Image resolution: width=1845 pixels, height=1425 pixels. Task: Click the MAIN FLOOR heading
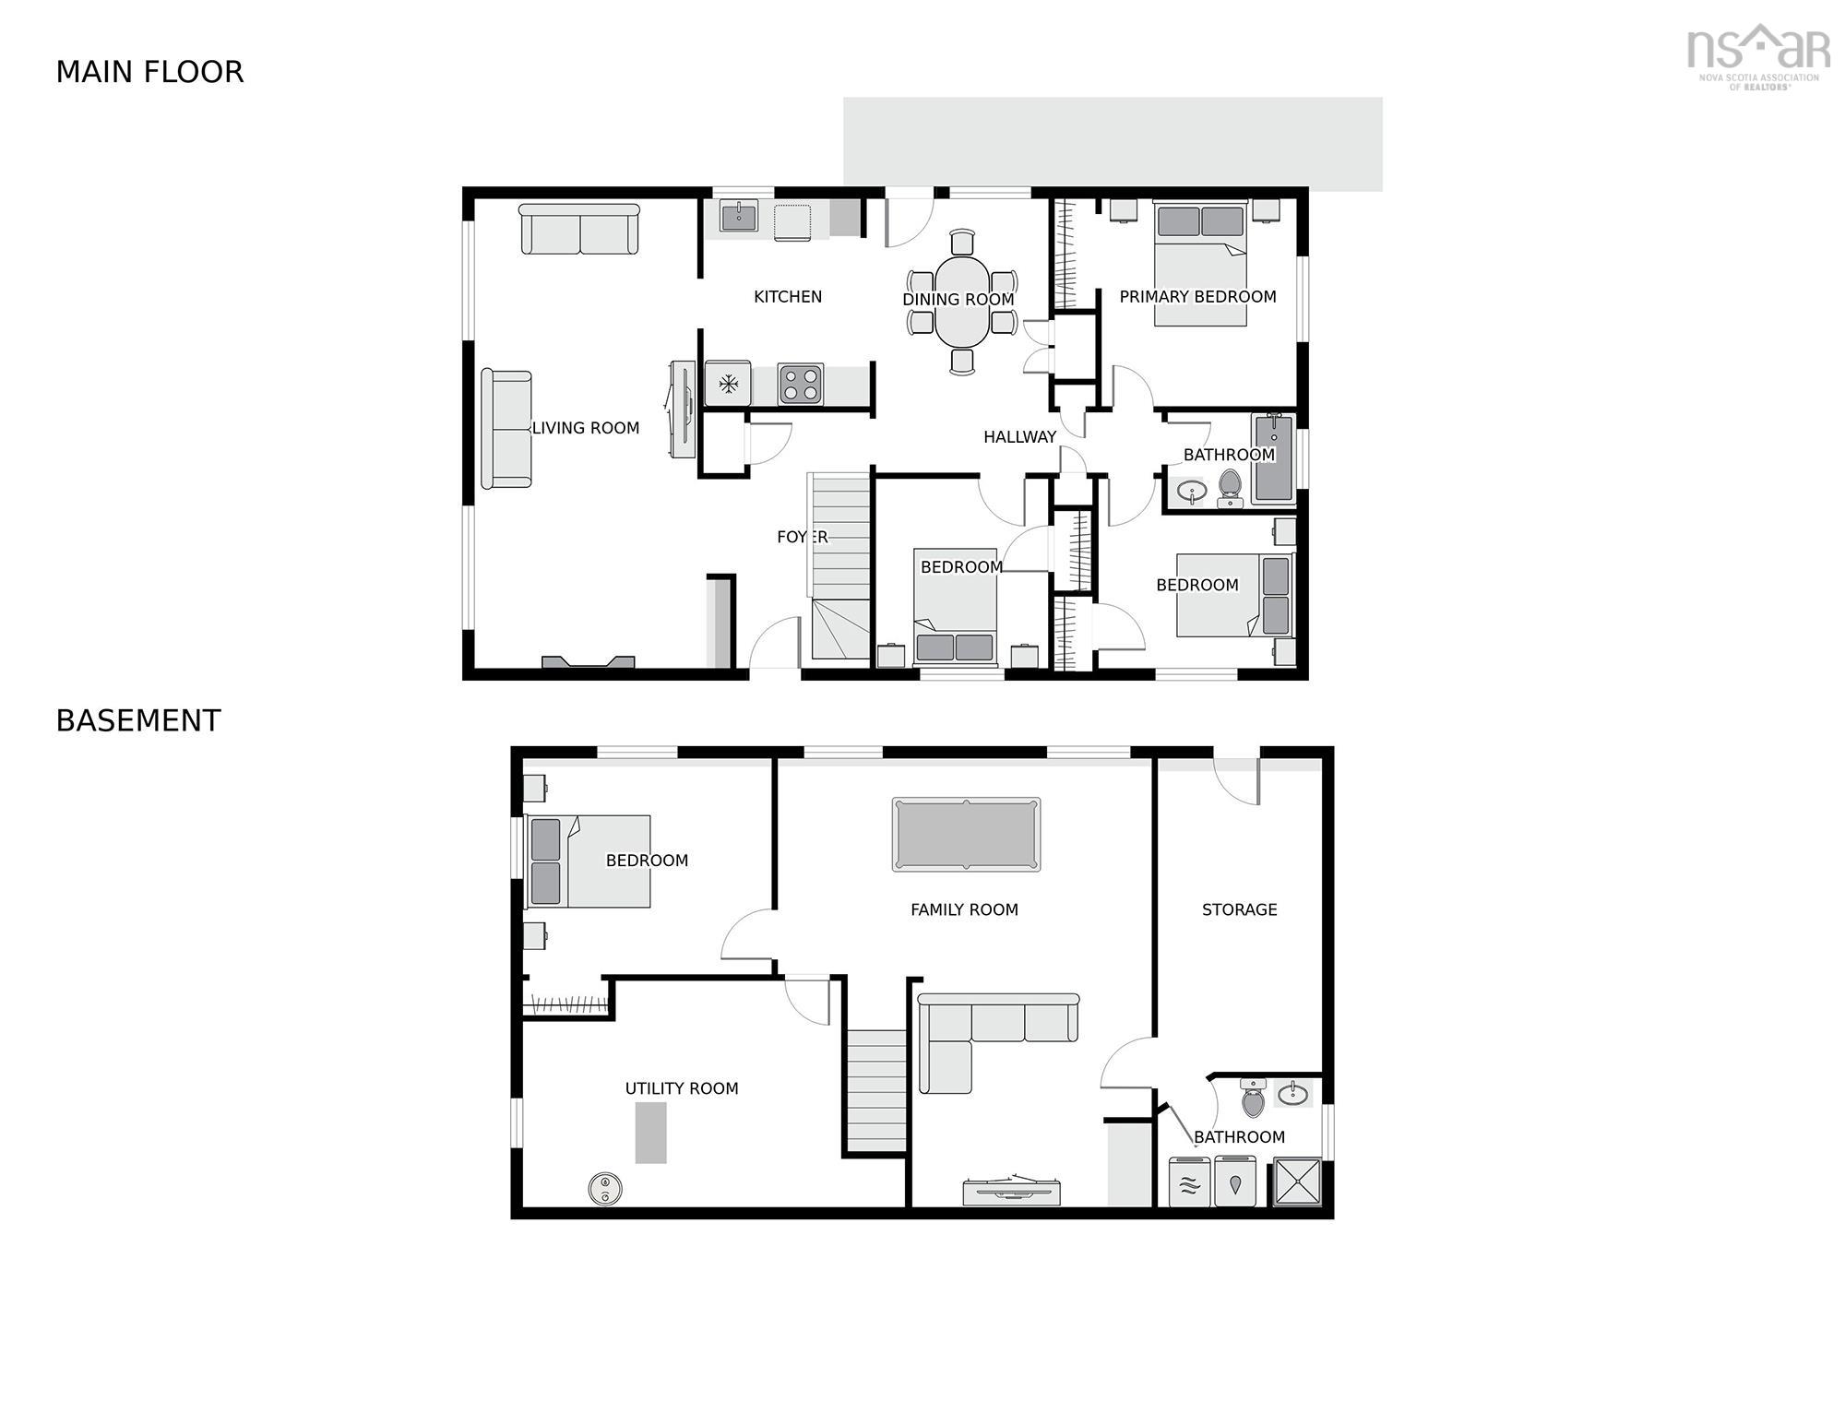coord(149,72)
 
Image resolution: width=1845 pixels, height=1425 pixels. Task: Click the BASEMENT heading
coord(138,720)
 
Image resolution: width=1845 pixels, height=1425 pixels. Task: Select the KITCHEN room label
coord(788,297)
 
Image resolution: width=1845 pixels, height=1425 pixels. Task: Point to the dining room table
coord(962,302)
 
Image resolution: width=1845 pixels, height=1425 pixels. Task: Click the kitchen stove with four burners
coord(800,385)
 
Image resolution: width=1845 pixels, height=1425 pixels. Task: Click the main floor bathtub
coord(1274,458)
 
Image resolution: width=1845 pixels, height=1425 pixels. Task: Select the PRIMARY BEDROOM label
coord(1197,297)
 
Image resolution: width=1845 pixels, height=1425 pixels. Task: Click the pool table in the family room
coord(966,835)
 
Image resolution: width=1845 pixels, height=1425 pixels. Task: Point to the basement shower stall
coord(1298,1182)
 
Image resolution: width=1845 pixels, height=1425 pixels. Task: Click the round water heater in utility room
coord(605,1189)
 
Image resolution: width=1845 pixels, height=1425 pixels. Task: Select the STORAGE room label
coord(1239,910)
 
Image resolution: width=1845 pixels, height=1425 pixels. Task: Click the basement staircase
coord(876,1091)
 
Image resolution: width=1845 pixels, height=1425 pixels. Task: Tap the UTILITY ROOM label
coord(682,1089)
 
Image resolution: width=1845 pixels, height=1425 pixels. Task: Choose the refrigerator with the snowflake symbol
coord(728,384)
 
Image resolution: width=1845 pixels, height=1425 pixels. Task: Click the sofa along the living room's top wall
coord(579,230)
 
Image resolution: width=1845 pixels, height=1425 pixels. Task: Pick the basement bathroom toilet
coord(1252,1098)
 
